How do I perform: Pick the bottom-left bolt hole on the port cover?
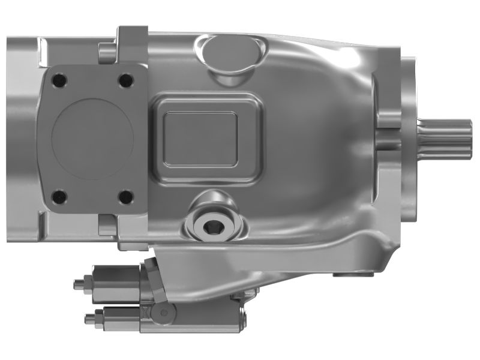(58, 196)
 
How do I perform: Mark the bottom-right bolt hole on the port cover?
(124, 196)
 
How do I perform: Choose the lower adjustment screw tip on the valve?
(89, 317)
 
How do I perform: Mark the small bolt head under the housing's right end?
(343, 275)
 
